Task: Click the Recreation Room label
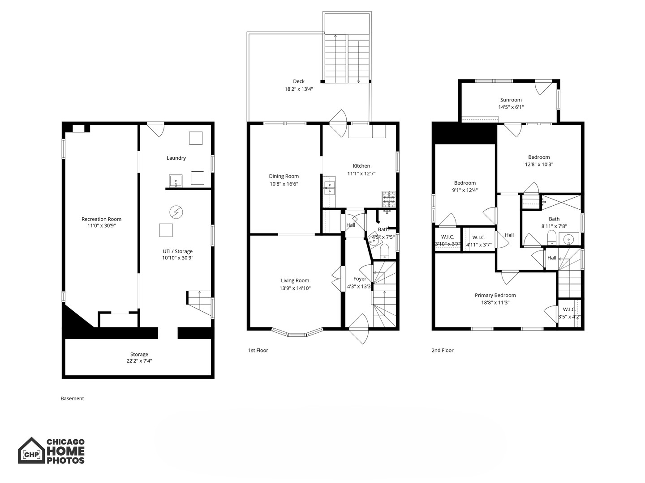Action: (101, 219)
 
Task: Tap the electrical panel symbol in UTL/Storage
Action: (176, 212)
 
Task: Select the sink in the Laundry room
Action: (176, 181)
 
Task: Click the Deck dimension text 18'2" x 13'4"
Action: (299, 89)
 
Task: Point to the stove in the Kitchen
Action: (389, 199)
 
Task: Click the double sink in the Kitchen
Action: (329, 188)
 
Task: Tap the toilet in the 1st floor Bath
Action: (384, 252)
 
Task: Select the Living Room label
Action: (295, 281)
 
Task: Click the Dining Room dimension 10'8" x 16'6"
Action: (284, 184)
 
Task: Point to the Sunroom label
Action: (511, 100)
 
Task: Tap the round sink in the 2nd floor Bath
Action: (569, 239)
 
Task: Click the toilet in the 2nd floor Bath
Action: (552, 237)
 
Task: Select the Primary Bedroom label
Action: (495, 295)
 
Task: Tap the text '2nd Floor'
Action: (442, 350)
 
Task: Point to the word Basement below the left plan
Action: (72, 398)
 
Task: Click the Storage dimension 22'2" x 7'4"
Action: (139, 361)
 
